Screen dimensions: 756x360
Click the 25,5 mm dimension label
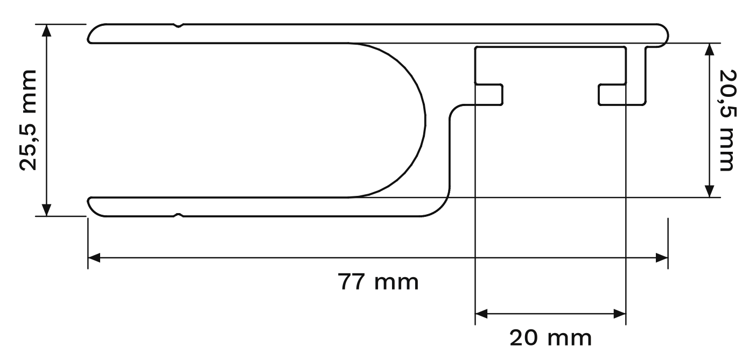29,120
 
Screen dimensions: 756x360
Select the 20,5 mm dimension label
727,120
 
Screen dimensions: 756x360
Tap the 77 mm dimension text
378,282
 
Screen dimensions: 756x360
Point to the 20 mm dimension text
550,338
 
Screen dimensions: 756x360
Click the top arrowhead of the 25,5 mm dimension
47,30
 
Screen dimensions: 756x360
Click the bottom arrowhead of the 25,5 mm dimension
47,210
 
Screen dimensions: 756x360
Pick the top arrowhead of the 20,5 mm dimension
710,50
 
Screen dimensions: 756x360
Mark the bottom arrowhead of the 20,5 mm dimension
710,192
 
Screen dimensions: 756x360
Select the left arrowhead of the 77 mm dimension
94,258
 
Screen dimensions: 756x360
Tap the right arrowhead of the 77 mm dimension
662,258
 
